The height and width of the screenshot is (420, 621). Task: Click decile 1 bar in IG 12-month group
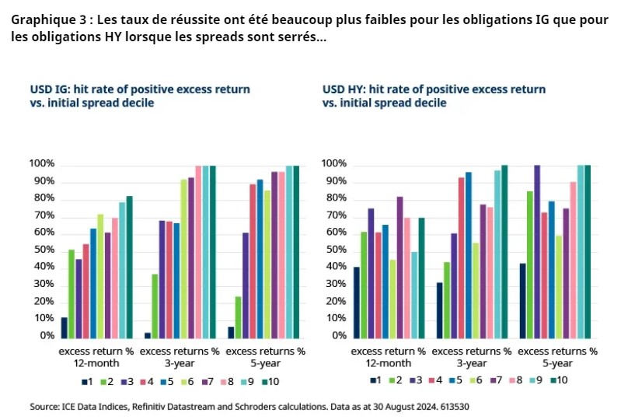click(65, 327)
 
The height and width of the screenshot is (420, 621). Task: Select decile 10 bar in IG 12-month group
click(129, 266)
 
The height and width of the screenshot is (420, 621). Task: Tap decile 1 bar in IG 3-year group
click(148, 334)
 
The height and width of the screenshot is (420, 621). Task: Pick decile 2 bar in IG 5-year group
click(237, 317)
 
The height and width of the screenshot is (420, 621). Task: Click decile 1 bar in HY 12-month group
click(356, 302)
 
